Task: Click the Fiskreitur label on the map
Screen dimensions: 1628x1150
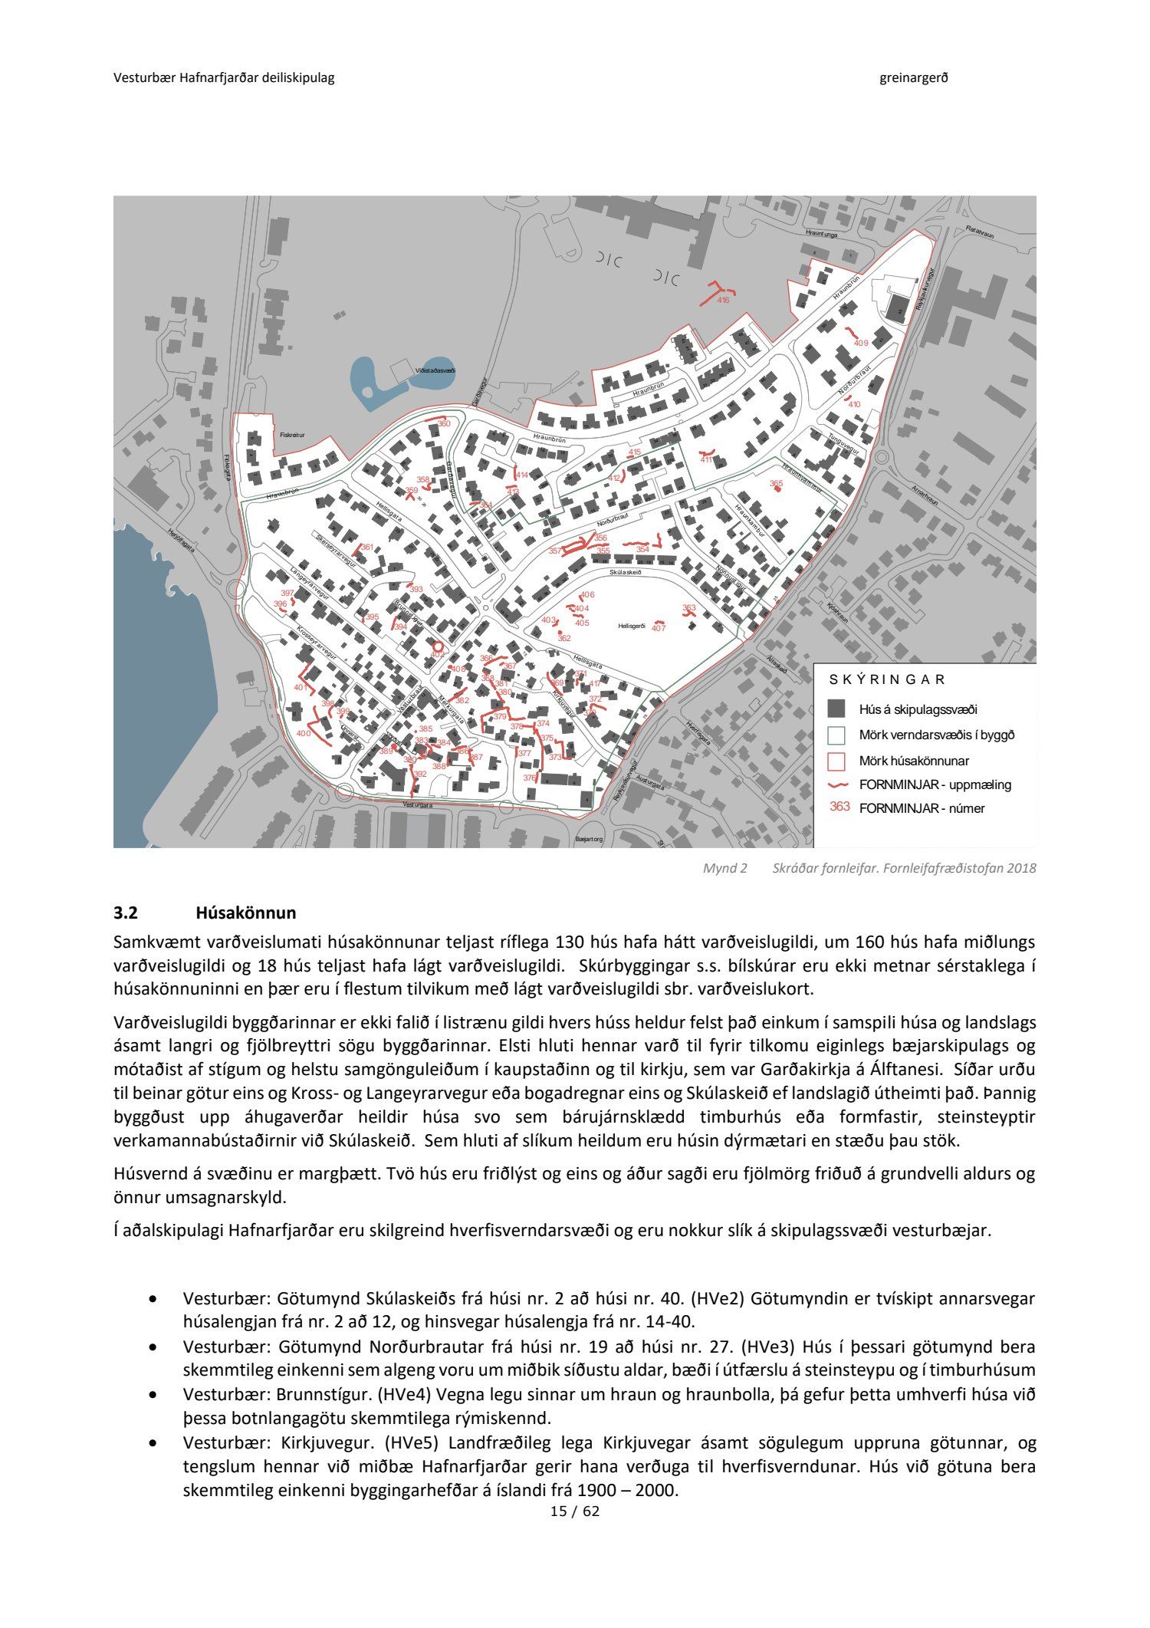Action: point(292,435)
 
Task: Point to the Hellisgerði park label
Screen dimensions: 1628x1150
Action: point(633,627)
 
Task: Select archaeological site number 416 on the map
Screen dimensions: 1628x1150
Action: point(723,300)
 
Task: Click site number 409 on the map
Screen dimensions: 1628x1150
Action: point(861,343)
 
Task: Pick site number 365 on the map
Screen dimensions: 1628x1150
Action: point(776,484)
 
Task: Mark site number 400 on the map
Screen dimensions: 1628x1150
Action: point(303,734)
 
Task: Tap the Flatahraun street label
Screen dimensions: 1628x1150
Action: point(980,231)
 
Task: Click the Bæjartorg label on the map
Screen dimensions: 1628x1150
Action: point(589,840)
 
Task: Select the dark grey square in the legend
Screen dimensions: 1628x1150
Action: point(836,709)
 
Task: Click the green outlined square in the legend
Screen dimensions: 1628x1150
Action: point(836,735)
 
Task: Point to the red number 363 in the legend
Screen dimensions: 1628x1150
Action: point(839,807)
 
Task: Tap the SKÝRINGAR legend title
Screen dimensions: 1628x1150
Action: point(887,679)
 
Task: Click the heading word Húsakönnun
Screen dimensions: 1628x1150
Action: point(245,913)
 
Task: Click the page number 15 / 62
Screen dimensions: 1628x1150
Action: point(574,1512)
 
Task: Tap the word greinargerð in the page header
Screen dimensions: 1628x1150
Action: point(914,77)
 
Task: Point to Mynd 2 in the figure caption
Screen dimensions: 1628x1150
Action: point(724,868)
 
